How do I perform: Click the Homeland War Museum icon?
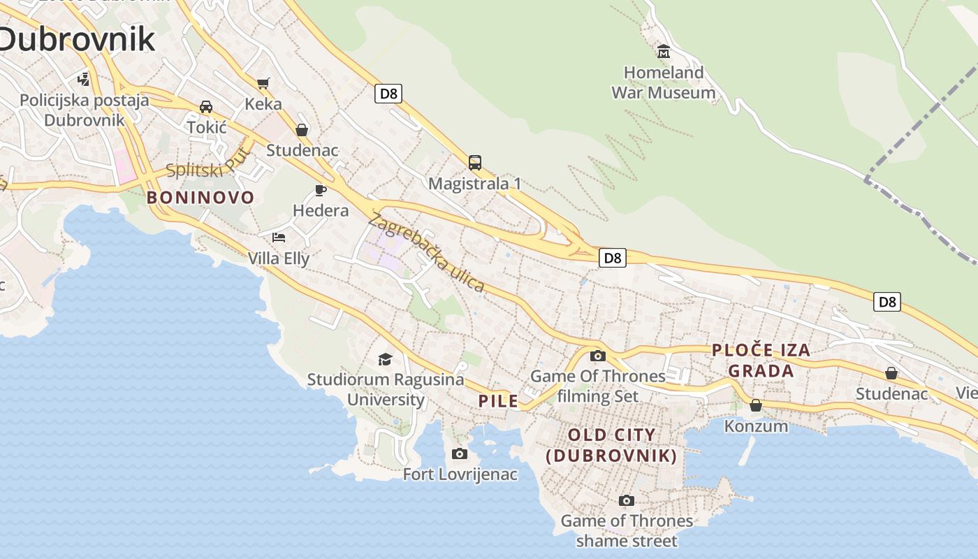click(x=663, y=52)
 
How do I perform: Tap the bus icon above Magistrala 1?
click(x=475, y=163)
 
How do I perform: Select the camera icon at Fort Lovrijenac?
click(x=460, y=453)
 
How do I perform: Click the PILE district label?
click(x=499, y=401)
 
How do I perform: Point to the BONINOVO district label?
click(x=200, y=198)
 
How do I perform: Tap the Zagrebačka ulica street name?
click(x=426, y=252)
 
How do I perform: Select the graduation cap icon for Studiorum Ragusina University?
click(x=385, y=359)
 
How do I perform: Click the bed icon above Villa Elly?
click(x=279, y=238)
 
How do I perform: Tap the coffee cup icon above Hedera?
click(x=321, y=190)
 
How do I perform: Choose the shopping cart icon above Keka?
click(x=263, y=84)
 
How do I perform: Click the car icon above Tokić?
click(x=206, y=107)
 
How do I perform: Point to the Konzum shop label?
click(x=756, y=426)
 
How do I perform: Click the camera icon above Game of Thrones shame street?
click(x=627, y=500)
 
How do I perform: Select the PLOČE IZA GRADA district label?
click(x=761, y=361)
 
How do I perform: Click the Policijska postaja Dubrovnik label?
click(x=84, y=110)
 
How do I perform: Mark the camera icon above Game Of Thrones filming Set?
click(x=597, y=356)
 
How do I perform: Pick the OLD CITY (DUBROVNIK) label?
click(x=612, y=445)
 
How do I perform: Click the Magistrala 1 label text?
click(x=475, y=184)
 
